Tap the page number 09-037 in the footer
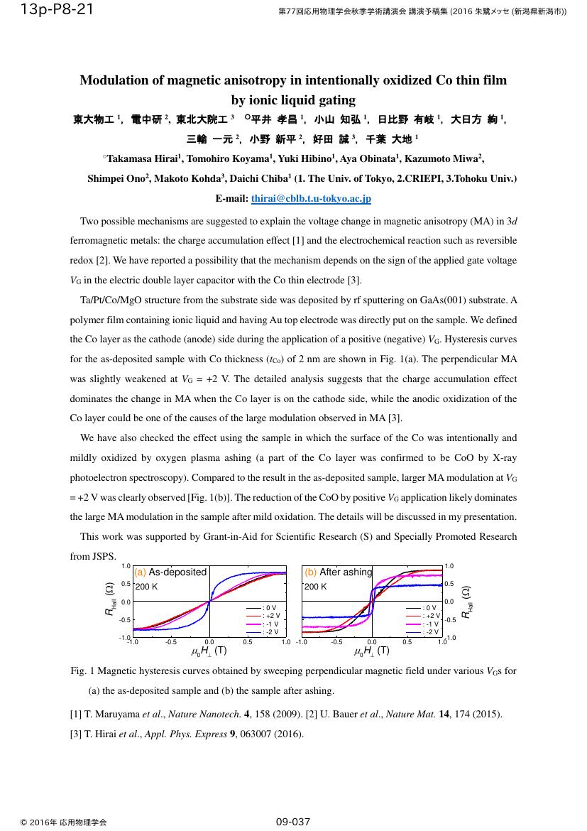293,822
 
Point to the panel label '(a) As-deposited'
170,572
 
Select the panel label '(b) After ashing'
338,572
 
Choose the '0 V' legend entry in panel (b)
429,608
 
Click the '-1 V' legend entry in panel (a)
271,624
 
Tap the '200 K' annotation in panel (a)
146,587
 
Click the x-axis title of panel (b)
372,651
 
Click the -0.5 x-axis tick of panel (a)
171,643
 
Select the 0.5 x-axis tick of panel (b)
407,643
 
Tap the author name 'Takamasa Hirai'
141,159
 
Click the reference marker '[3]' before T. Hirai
76,734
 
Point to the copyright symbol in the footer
23,822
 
